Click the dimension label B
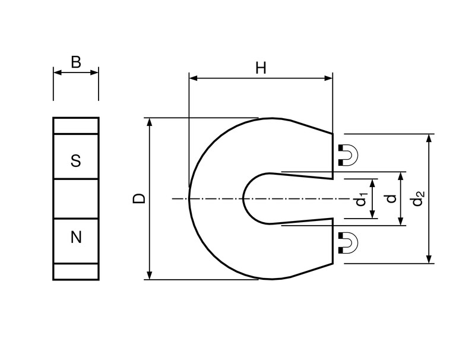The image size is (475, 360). point(76,62)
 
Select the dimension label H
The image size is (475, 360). point(261,68)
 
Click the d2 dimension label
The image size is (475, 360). point(418,198)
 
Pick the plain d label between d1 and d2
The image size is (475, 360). point(390,198)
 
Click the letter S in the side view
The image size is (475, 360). point(75,160)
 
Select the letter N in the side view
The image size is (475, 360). point(75,238)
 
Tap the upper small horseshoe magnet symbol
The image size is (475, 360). point(347,154)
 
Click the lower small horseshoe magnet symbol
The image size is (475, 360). point(347,243)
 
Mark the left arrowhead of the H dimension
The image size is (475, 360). point(192,78)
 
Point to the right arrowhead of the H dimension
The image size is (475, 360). point(328,78)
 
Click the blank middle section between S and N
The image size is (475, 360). point(75,199)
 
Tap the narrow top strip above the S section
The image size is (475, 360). point(75,126)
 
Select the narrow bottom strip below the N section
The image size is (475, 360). point(75,271)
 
